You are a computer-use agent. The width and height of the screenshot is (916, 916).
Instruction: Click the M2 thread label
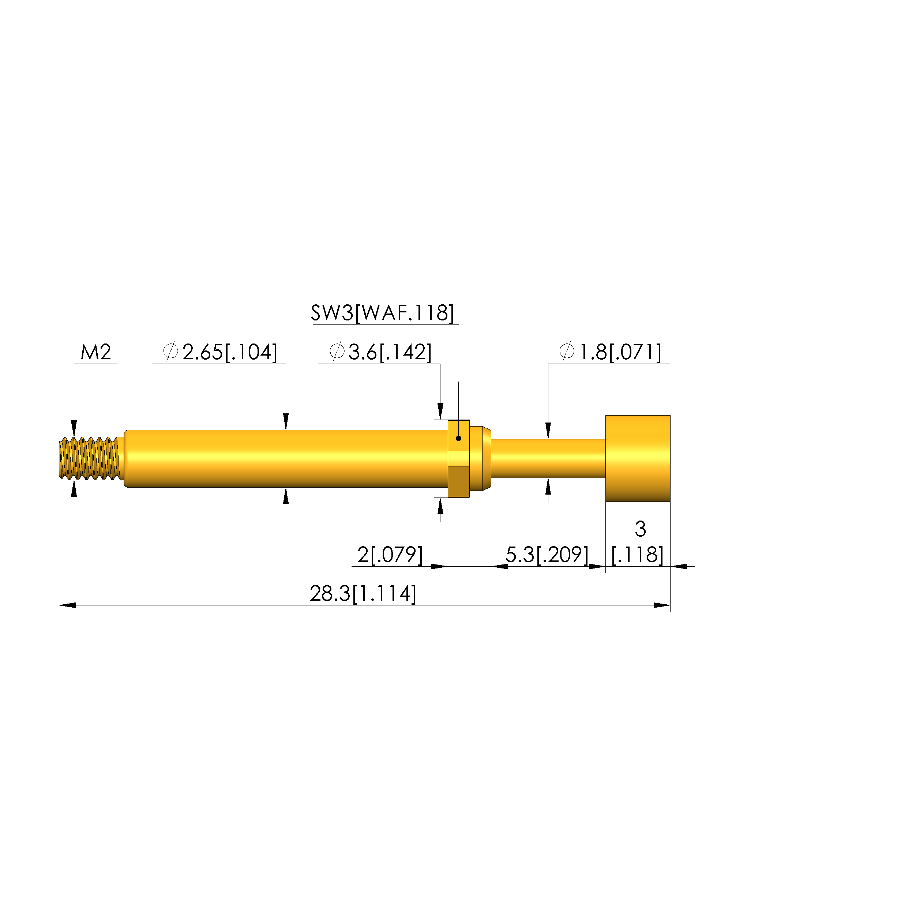pyautogui.click(x=96, y=352)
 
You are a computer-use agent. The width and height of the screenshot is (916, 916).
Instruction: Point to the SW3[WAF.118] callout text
pyautogui.click(x=382, y=313)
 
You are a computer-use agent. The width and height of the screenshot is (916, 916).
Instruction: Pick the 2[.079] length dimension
pyautogui.click(x=390, y=554)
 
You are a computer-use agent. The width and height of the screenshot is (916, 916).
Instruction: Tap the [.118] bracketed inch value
pyautogui.click(x=637, y=555)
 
